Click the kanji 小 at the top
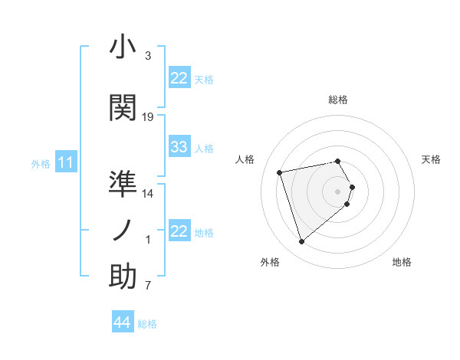(x=123, y=47)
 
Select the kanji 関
(x=123, y=108)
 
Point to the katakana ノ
(x=123, y=231)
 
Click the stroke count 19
(x=148, y=117)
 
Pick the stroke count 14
(x=148, y=194)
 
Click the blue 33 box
(x=179, y=147)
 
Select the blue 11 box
(x=66, y=162)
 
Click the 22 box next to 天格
(x=179, y=78)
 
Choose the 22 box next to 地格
(x=179, y=231)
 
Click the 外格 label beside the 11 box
(x=41, y=163)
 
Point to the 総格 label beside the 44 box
(x=147, y=324)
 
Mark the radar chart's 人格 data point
(x=280, y=172)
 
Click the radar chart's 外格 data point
(x=301, y=242)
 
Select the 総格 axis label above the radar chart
(x=338, y=100)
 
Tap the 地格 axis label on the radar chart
(x=402, y=262)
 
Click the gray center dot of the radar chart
(x=338, y=191)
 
